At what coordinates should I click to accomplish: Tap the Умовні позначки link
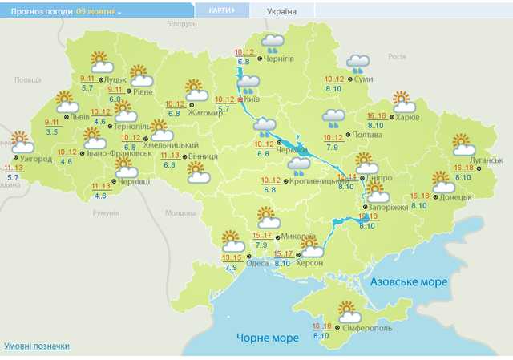click(37, 346)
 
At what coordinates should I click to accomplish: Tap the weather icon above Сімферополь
click(347, 311)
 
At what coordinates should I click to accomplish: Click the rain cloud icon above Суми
click(357, 63)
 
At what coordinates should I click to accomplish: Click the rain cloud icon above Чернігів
click(274, 42)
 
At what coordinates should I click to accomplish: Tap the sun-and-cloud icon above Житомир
click(196, 90)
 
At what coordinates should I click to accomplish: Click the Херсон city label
click(309, 263)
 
